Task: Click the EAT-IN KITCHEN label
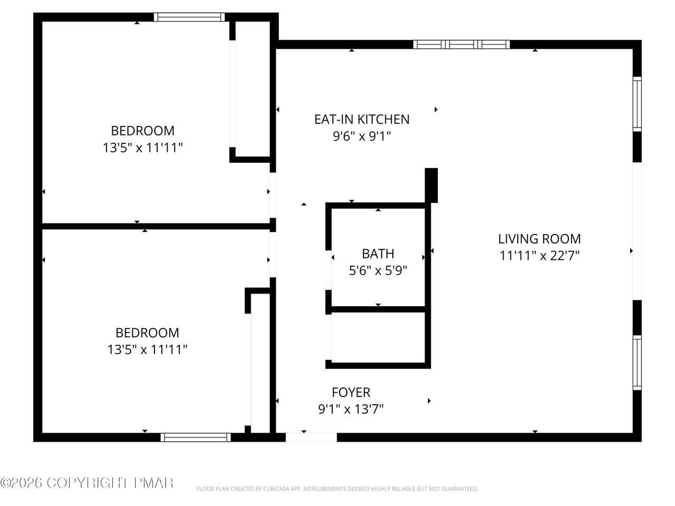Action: (x=362, y=119)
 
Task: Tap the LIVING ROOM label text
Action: (x=539, y=239)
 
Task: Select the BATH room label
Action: (x=378, y=254)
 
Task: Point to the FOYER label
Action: (x=351, y=392)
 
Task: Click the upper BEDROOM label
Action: (x=143, y=131)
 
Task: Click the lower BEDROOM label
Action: (x=147, y=333)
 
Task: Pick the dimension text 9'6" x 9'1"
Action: (x=362, y=136)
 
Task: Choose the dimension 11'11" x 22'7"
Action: (x=539, y=255)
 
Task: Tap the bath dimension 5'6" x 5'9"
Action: (x=378, y=270)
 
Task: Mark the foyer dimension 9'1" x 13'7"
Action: (x=351, y=409)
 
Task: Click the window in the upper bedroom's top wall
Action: (x=189, y=17)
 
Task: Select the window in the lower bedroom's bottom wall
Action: (x=196, y=437)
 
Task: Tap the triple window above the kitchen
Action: (x=461, y=45)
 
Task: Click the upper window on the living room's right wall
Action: (x=637, y=104)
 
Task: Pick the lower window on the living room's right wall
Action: (x=637, y=363)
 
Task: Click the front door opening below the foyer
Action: (x=311, y=437)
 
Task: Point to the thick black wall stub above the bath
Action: (x=431, y=185)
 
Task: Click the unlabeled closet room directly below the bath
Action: (x=378, y=337)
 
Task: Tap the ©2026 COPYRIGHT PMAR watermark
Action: (x=86, y=482)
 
